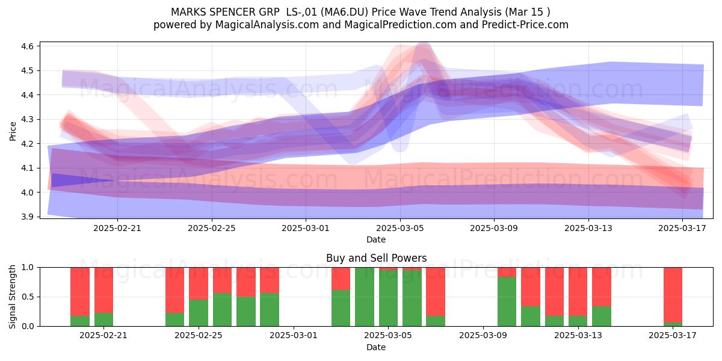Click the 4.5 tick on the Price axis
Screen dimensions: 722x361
[x=28, y=70]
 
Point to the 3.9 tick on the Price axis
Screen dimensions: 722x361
[x=28, y=217]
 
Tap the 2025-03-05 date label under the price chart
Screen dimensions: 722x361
[x=400, y=228]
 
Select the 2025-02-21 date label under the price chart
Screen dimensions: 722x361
[x=117, y=228]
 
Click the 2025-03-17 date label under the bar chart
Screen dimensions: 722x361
[x=673, y=336]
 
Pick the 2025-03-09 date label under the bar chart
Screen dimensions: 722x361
[x=483, y=336]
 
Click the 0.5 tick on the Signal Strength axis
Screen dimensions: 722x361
[x=28, y=297]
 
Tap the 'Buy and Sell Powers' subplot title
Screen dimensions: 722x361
[x=376, y=258]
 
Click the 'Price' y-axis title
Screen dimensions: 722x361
[x=13, y=131]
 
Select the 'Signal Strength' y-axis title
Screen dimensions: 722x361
[x=12, y=297]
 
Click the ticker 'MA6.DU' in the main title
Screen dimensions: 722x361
[x=345, y=12]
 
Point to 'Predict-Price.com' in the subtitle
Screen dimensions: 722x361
[x=525, y=25]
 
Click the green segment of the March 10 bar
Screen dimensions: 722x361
[x=507, y=301]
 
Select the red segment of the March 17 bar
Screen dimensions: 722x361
[x=673, y=295]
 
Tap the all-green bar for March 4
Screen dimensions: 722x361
[x=365, y=297]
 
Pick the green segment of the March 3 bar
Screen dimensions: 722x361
[x=341, y=308]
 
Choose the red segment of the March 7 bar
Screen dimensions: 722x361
[x=436, y=292]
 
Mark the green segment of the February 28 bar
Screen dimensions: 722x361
[x=270, y=310]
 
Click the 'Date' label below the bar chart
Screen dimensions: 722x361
[x=376, y=347]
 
